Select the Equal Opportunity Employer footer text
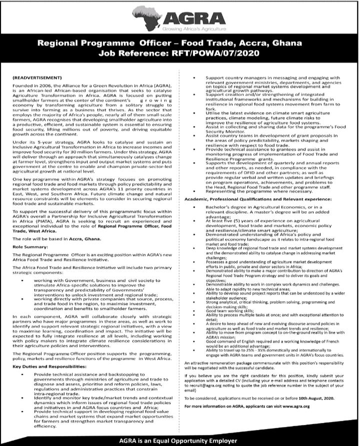tap(179, 440)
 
